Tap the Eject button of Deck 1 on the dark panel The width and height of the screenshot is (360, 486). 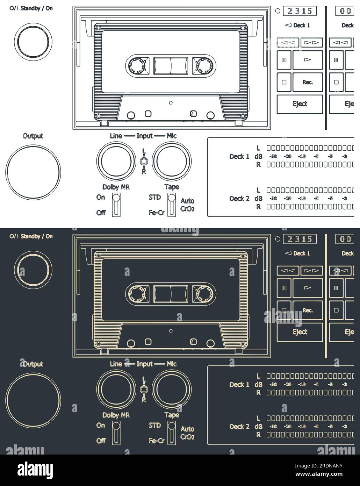[300, 332]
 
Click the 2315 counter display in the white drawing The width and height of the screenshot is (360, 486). [300, 11]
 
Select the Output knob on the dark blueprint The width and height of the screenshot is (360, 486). [33, 400]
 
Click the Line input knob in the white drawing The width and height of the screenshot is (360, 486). [116, 160]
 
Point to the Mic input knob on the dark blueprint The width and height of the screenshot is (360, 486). [172, 388]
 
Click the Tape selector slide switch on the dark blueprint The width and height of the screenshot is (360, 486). [171, 433]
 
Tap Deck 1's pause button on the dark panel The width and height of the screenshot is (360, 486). [284, 288]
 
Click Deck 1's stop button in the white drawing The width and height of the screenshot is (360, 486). [284, 82]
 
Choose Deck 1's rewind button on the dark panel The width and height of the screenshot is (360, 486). [288, 271]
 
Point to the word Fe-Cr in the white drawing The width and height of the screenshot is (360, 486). [156, 213]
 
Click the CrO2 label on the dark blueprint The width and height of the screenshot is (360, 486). [187, 437]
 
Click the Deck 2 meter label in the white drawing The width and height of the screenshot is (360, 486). [239, 199]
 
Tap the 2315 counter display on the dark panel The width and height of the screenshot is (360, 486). [300, 239]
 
